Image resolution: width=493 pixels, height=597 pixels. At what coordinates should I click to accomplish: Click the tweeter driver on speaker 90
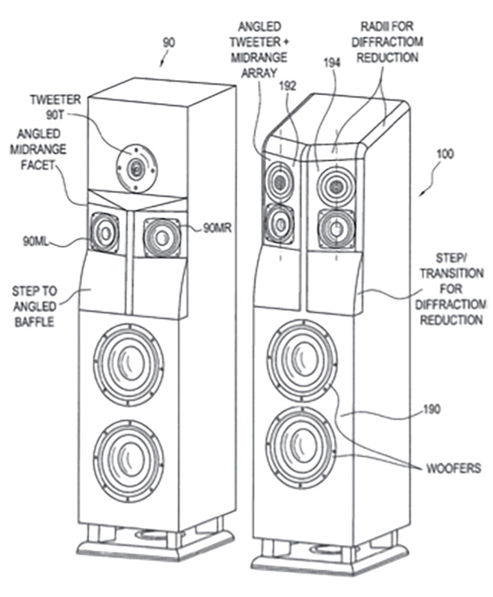(136, 169)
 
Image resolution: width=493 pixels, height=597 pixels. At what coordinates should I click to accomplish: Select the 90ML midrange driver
(104, 232)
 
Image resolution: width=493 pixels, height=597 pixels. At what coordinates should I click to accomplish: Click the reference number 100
(445, 154)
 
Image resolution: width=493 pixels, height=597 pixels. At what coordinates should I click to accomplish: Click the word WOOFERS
(453, 469)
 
